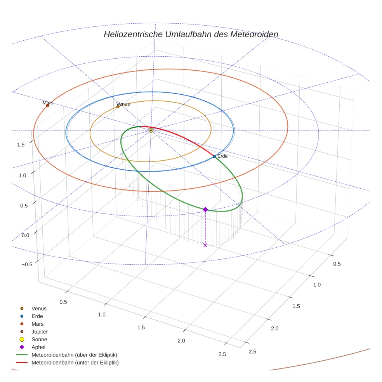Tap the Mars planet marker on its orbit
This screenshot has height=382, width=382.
coord(47,106)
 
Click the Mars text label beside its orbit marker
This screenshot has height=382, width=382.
coord(48,102)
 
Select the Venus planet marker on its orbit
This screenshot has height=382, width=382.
coord(118,106)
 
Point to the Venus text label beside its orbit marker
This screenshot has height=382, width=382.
coord(123,104)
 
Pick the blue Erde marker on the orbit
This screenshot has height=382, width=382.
coord(214,156)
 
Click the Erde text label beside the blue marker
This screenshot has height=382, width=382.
coord(222,156)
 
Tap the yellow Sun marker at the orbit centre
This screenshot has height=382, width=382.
coord(151,130)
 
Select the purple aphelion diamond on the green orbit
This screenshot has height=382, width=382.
coord(205,210)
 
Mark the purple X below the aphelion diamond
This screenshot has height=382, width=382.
coord(205,245)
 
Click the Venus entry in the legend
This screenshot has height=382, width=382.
coord(39,309)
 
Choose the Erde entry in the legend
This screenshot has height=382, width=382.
coord(37,316)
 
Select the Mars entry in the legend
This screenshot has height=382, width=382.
coord(38,324)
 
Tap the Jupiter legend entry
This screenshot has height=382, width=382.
coord(40,332)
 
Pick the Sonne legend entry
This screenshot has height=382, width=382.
coord(39,339)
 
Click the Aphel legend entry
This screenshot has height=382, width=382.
coord(38,347)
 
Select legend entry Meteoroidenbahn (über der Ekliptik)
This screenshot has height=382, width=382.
coord(74,355)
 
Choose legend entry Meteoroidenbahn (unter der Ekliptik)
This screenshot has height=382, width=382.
coord(75,363)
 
